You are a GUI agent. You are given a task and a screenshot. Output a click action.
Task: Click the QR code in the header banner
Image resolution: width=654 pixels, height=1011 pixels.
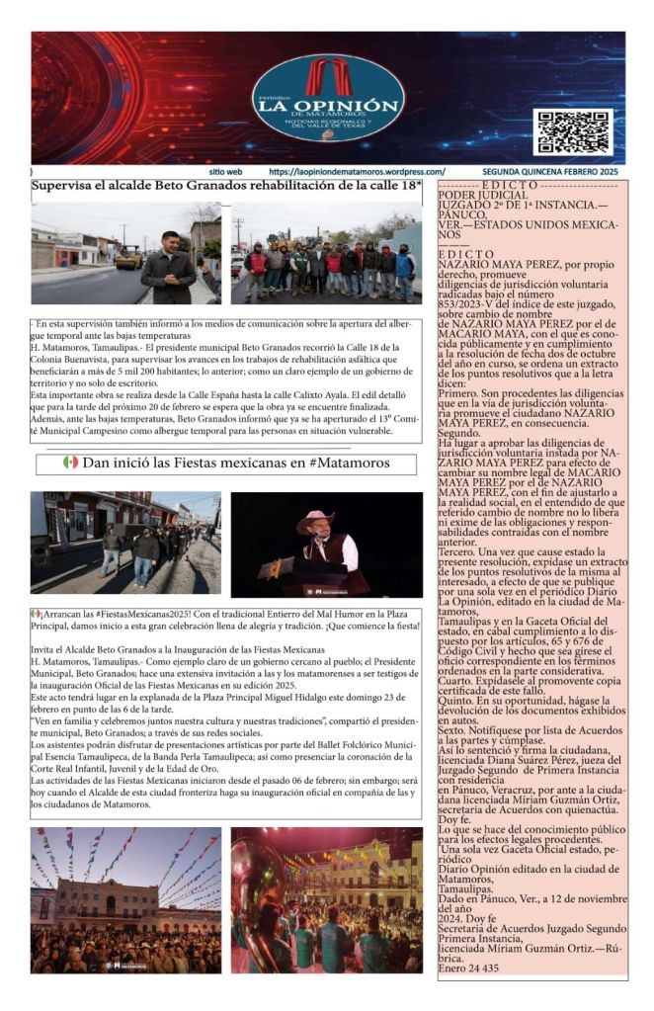[572, 132]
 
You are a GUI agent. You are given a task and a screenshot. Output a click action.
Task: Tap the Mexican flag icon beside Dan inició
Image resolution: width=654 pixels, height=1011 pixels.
[70, 462]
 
